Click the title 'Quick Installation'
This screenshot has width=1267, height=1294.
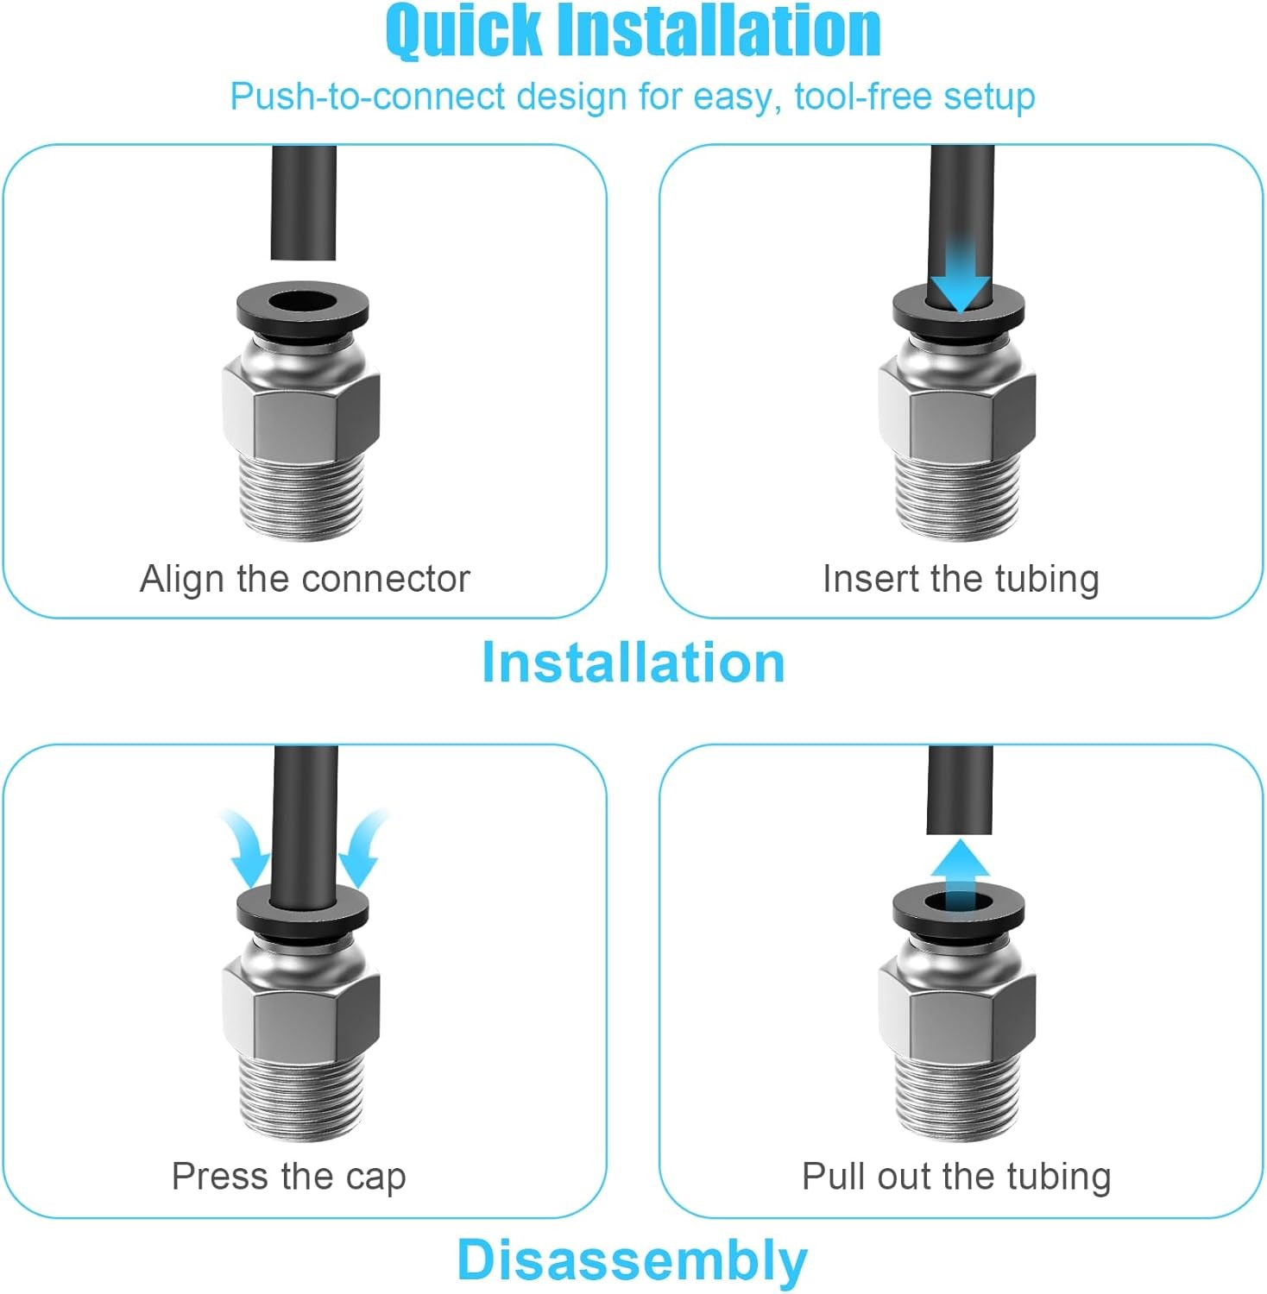coord(633,31)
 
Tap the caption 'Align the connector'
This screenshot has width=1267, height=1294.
coord(305,579)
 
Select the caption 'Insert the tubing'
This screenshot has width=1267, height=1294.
coord(961,579)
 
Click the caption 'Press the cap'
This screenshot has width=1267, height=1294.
coord(288,1177)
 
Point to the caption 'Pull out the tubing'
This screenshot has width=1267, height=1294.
coord(956,1177)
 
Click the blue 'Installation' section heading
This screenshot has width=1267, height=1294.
coord(633,663)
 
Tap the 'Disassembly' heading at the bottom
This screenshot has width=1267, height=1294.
coord(632,1260)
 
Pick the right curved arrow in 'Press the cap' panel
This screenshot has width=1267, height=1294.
coord(362,850)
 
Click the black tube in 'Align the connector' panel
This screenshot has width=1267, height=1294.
coord(303,203)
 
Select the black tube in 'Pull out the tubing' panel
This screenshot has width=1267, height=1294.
coord(959,789)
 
